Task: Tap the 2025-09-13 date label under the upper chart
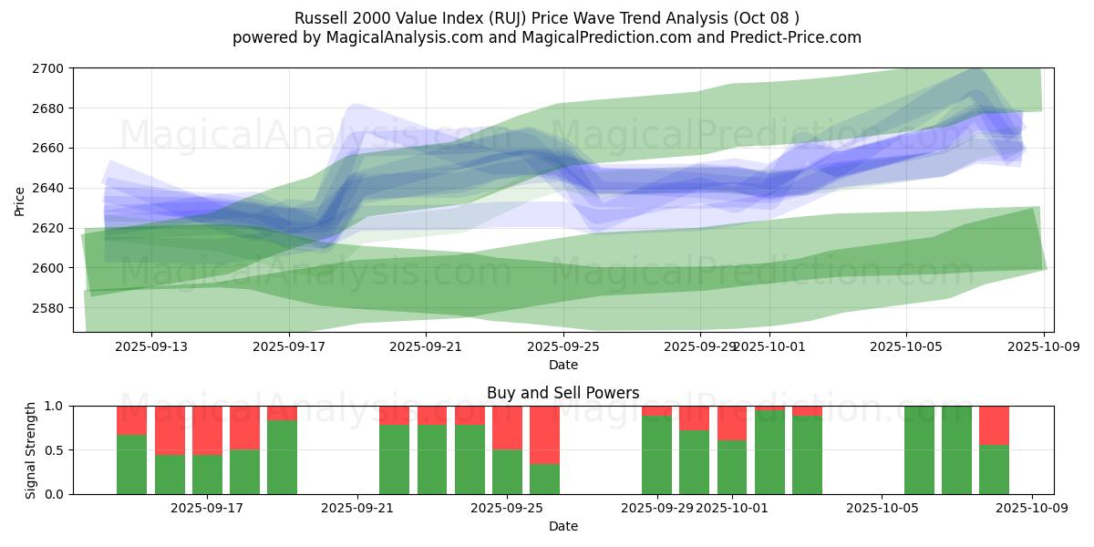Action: [151, 346]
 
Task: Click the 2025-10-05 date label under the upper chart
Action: [905, 346]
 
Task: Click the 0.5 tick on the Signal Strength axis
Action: [56, 450]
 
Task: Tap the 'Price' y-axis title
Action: [20, 201]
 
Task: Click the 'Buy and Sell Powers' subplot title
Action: [562, 394]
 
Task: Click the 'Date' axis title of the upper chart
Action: [562, 365]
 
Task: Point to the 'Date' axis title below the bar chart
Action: [562, 526]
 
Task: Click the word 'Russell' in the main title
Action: [320, 18]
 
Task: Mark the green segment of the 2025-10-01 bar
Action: [732, 467]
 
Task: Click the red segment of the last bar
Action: [994, 425]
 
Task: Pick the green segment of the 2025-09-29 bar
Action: [656, 455]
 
